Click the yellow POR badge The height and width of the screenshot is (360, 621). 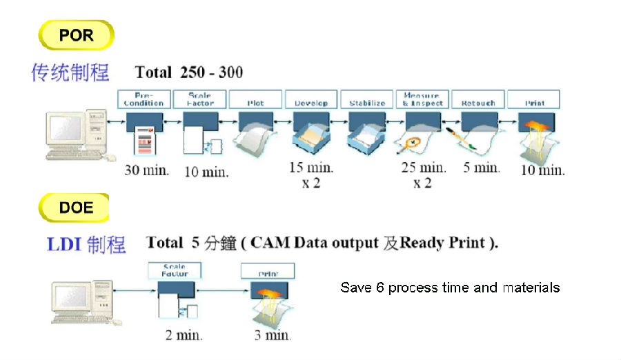click(x=76, y=35)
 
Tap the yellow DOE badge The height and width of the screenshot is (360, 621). click(x=75, y=208)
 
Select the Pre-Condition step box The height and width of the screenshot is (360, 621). click(x=144, y=99)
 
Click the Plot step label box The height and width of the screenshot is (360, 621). click(x=255, y=99)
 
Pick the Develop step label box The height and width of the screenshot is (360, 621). click(x=311, y=99)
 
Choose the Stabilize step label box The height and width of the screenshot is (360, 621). click(x=367, y=99)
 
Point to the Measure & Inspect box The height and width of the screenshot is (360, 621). click(x=422, y=99)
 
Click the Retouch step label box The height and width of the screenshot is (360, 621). click(x=478, y=99)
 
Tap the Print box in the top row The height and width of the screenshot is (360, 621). click(x=533, y=99)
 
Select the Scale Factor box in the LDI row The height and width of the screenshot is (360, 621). click(x=174, y=270)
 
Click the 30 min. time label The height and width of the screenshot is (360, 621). click(x=146, y=170)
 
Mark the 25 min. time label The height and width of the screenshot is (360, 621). click(x=423, y=168)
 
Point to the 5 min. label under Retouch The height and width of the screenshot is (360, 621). click(x=482, y=168)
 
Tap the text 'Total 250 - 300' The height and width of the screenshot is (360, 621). click(x=188, y=72)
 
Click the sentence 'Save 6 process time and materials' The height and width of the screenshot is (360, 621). click(x=450, y=288)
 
